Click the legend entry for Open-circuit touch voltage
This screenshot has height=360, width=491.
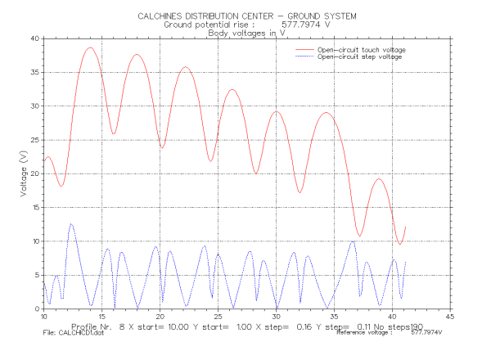point(361,50)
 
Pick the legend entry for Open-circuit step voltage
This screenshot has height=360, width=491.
point(358,57)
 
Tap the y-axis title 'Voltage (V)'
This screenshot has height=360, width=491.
point(23,174)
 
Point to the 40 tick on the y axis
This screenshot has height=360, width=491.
point(34,38)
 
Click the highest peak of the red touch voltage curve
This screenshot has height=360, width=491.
point(90,47)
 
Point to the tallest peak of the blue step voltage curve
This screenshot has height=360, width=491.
point(71,224)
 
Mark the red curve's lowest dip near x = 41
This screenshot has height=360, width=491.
point(400,244)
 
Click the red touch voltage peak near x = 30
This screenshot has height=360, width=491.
point(277,111)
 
